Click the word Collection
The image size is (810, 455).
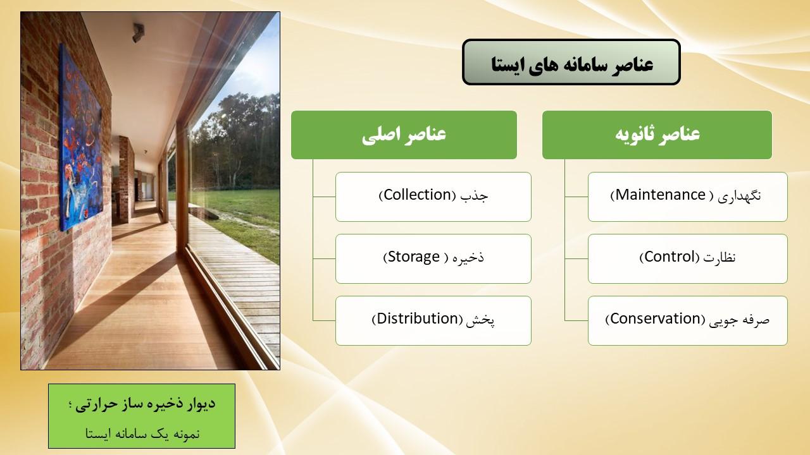(418, 195)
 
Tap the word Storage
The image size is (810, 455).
(414, 257)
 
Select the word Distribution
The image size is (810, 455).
(418, 319)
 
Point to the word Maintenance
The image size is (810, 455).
(660, 195)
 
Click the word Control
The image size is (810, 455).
(670, 257)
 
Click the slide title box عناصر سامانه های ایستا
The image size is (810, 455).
(571, 63)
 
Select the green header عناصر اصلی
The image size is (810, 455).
(404, 135)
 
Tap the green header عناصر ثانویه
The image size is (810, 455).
(657, 135)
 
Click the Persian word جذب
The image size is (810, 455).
(474, 196)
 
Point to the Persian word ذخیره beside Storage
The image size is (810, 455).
(468, 257)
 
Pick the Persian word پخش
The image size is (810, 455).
(480, 320)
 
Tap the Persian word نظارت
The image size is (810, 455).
(720, 257)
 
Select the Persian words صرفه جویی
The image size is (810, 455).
(739, 320)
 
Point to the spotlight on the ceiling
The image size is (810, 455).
(138, 32)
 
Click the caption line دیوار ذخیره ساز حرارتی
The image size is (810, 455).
(142, 404)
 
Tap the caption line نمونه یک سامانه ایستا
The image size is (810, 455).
(142, 434)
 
